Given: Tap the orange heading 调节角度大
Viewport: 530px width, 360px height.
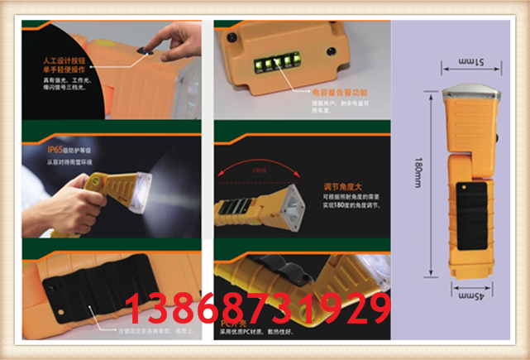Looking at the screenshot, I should pyautogui.click(x=327, y=187).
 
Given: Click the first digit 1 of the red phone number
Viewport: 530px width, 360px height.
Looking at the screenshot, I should pyautogui.click(x=132, y=309).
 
